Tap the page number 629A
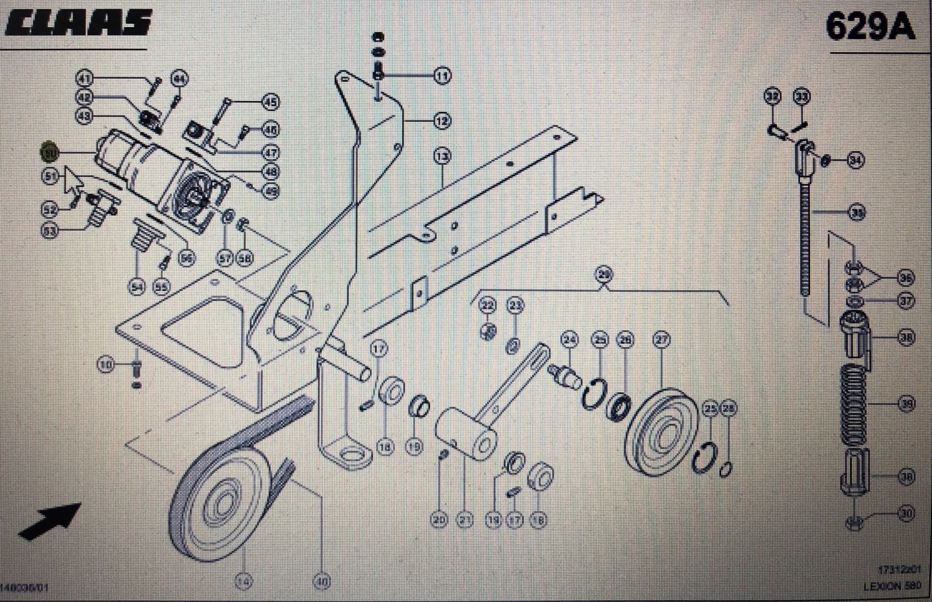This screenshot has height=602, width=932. click(870, 27)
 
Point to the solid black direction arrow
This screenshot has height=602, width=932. click(49, 521)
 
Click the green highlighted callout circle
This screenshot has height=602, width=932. click(49, 151)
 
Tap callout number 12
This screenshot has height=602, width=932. click(442, 121)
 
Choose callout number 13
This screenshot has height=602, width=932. click(442, 155)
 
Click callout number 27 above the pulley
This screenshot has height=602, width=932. click(660, 340)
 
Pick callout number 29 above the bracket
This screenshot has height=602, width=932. click(604, 274)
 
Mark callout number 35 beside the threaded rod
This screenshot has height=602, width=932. click(856, 212)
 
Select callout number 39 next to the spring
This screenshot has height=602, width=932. click(907, 405)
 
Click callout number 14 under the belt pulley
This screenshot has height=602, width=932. click(244, 582)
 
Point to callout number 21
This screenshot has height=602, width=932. click(465, 520)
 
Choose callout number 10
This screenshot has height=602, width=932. click(106, 365)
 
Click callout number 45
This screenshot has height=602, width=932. click(270, 102)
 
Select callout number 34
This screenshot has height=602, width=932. click(855, 161)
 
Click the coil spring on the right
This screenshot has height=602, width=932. click(854, 406)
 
